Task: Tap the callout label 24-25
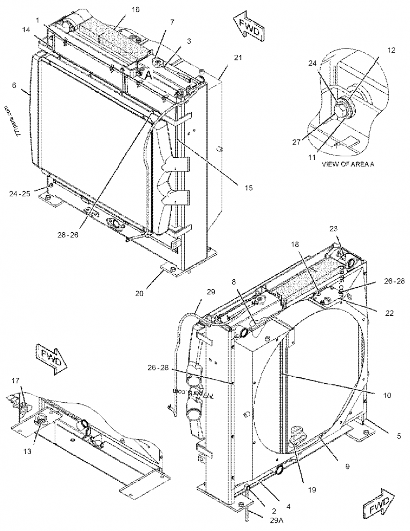(19, 194)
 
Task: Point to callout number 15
(248, 188)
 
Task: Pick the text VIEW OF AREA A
(348, 165)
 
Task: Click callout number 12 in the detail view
(391, 50)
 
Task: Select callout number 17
(16, 380)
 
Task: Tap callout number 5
(398, 436)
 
